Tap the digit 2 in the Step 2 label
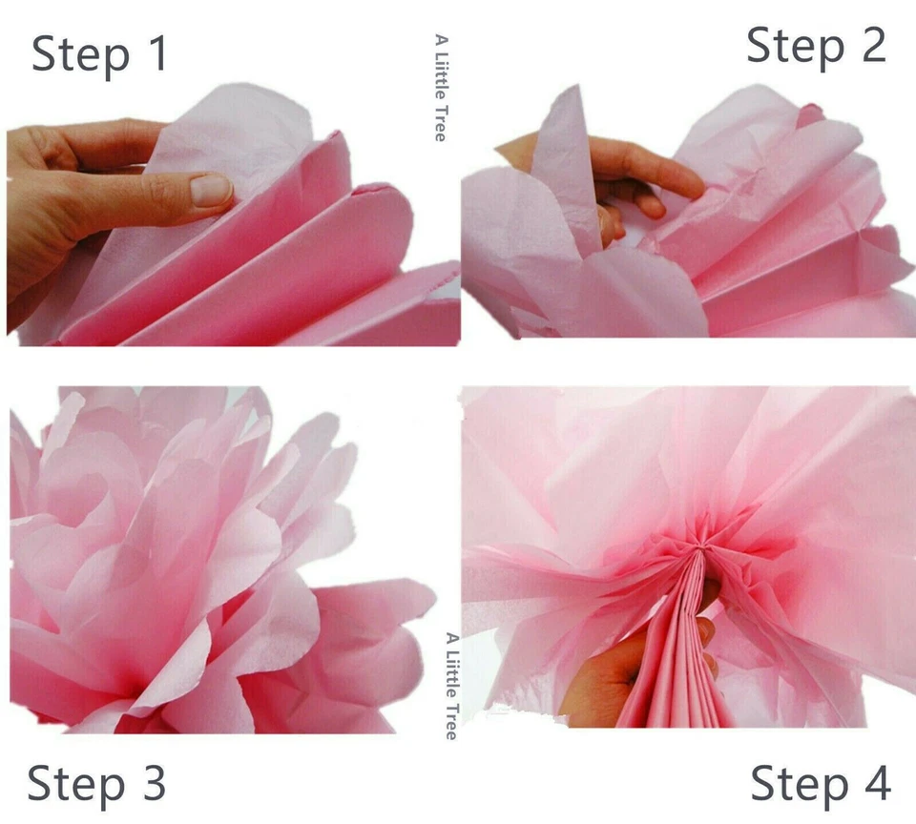point(870,45)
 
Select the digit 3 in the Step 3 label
point(150,783)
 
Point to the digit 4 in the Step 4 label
point(874,783)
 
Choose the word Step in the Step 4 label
point(796,784)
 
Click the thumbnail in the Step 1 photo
point(211,189)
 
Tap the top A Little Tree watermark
point(440,88)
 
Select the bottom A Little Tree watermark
point(451,685)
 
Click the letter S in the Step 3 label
point(42,784)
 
